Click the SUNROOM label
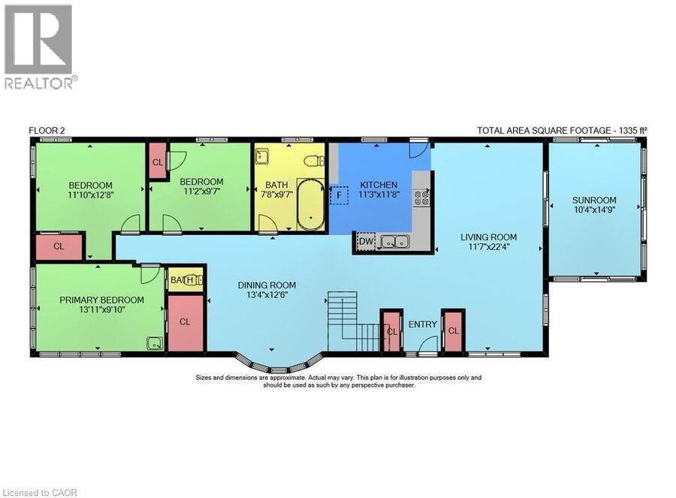593,200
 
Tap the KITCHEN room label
379,185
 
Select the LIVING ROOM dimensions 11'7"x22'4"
488,247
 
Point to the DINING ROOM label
267,285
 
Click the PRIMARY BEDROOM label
101,300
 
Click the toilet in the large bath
314,161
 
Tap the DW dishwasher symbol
366,241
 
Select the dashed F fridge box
340,195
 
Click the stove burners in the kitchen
421,198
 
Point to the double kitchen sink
395,242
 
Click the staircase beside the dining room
353,321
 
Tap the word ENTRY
422,324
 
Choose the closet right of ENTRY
453,330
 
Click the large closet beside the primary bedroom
185,322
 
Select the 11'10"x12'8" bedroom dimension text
91,195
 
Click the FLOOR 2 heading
47,131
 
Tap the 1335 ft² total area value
632,130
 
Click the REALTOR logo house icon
38,39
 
